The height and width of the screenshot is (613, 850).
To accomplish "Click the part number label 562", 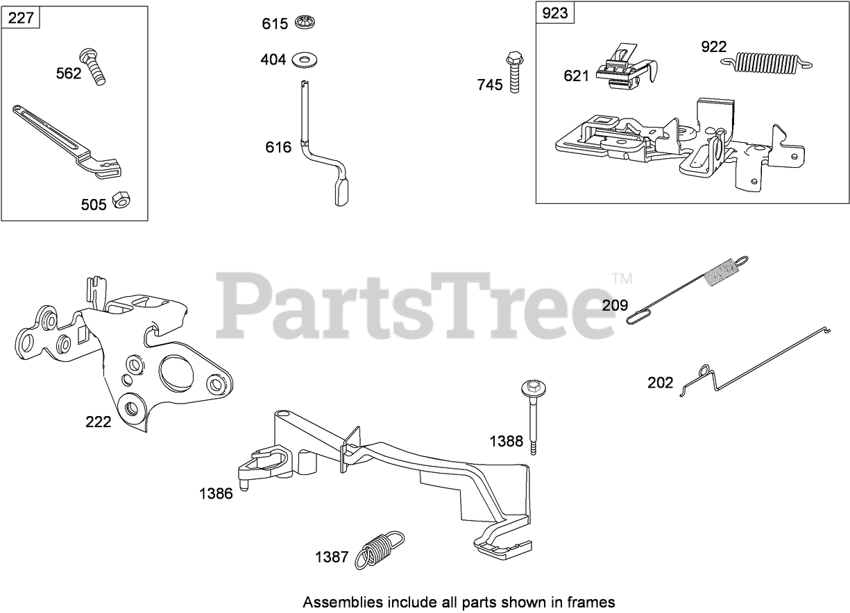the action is coord(69,74).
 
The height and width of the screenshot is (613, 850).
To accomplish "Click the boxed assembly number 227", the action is coord(21,18).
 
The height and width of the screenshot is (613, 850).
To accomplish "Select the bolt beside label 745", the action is coord(513,71).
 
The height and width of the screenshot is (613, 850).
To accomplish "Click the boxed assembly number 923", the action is coord(555,13).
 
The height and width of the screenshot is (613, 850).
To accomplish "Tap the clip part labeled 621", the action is coord(626,69).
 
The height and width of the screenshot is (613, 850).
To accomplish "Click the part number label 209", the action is coord(615,305).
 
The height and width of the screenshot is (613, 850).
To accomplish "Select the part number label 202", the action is coord(660,383).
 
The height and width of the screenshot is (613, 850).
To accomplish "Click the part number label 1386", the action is coord(216,494).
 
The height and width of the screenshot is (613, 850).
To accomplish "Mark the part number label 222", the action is coord(98,422).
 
